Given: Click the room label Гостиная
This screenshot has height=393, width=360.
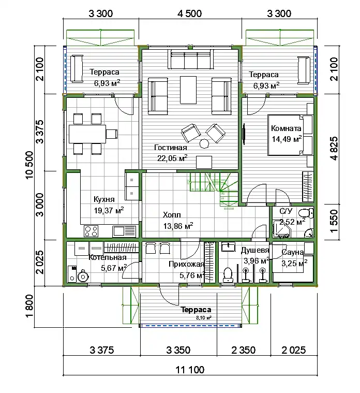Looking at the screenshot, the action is [171, 148].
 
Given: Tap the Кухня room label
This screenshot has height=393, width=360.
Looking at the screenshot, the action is [104, 199].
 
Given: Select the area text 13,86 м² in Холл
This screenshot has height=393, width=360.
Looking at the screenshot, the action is [178, 226].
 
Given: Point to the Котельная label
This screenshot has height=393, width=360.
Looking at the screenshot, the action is [108, 257].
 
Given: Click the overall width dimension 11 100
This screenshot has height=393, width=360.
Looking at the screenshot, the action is [190, 370].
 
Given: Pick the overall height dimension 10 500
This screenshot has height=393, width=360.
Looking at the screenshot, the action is [29, 165].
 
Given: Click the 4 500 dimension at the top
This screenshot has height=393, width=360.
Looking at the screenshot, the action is [189, 13].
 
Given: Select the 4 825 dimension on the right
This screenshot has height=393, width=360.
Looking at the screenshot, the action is [334, 149].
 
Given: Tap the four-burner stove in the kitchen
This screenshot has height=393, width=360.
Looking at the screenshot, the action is [91, 231].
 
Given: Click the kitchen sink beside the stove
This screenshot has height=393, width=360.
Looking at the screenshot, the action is [124, 231].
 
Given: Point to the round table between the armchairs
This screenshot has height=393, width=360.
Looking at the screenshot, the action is [204, 143].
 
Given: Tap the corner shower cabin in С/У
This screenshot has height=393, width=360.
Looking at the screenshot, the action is [281, 229].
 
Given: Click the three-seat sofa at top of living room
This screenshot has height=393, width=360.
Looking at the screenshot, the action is [191, 59].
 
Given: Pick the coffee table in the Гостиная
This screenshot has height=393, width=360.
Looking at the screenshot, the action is [188, 90].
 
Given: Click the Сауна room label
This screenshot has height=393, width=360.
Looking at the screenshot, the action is [293, 252].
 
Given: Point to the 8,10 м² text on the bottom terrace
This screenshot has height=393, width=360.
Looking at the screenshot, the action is [204, 318].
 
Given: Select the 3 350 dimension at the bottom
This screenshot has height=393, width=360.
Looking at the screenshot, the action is [178, 350].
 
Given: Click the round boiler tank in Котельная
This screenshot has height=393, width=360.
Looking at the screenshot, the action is [82, 276].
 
